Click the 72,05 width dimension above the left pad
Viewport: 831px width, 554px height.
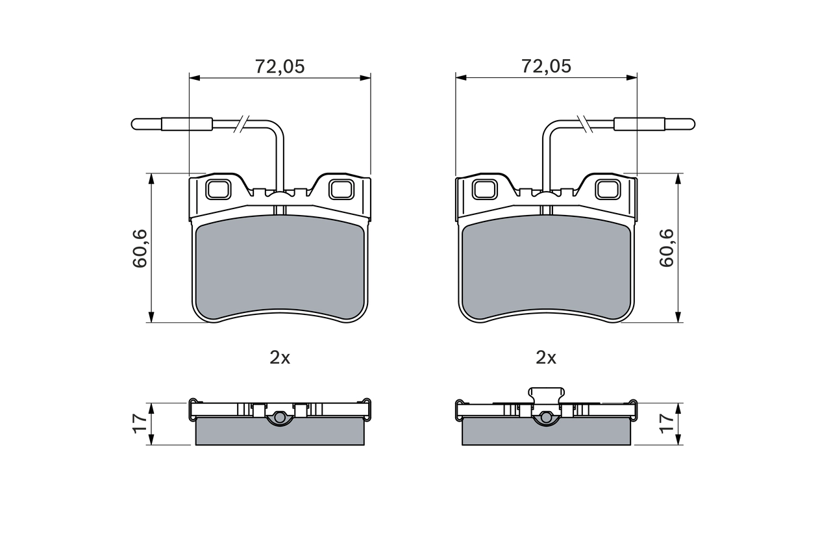click(x=279, y=66)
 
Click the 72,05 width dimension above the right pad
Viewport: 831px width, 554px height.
click(x=546, y=66)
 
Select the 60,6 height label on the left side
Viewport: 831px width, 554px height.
click(x=141, y=248)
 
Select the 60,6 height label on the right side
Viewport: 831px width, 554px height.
click(x=666, y=248)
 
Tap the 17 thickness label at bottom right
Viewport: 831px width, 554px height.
click(x=667, y=423)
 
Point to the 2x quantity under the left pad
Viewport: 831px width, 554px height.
click(x=280, y=357)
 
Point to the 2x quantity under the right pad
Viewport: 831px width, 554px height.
click(x=546, y=357)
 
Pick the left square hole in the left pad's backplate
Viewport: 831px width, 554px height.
click(x=217, y=189)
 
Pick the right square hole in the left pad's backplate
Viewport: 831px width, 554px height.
click(x=341, y=189)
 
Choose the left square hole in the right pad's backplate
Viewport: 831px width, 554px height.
click(x=484, y=189)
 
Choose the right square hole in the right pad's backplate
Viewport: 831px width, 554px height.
click(x=608, y=189)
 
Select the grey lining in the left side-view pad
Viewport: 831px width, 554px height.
click(x=279, y=431)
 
